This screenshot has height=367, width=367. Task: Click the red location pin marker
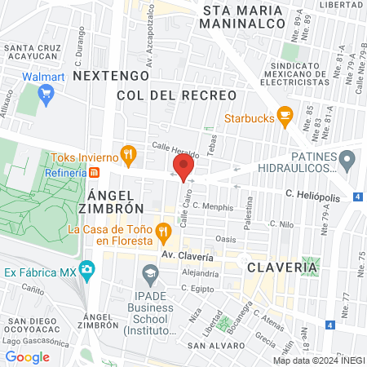tap(183, 167)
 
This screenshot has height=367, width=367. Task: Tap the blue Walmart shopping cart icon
tap(46, 95)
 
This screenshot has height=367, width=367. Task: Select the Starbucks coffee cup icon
tap(284, 117)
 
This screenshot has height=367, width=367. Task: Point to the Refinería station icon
tap(95, 173)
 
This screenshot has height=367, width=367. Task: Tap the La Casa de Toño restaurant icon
tap(164, 232)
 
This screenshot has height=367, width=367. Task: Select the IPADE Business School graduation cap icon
tap(149, 272)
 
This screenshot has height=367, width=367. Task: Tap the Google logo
tap(28, 356)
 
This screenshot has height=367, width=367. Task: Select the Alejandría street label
tap(201, 273)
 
